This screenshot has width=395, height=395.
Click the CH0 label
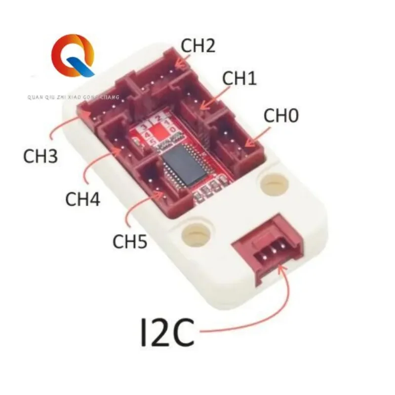click(281, 117)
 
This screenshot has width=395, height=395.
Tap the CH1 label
click(239, 78)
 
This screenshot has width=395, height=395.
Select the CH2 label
click(197, 46)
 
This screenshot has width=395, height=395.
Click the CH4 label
click(83, 200)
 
